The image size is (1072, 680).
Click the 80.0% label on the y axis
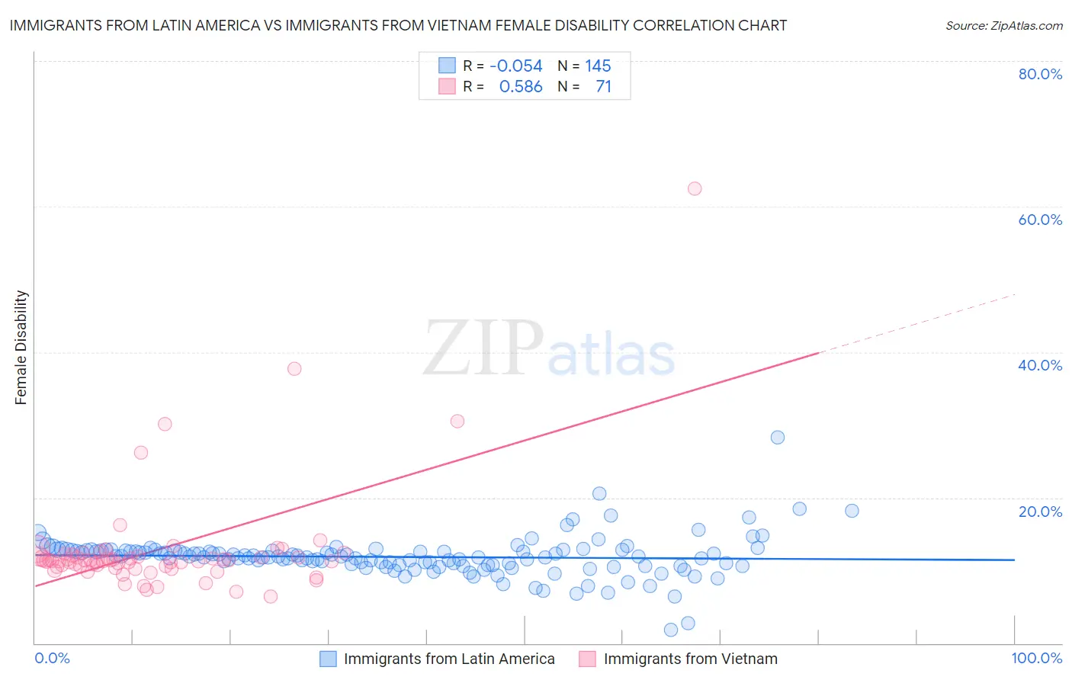click(x=1040, y=74)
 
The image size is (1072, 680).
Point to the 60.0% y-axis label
click(x=1040, y=220)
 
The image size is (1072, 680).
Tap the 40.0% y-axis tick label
click(x=1040, y=365)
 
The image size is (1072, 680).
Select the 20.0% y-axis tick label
click(x=1040, y=511)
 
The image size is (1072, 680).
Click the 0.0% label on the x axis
click(x=52, y=658)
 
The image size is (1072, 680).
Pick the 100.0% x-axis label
click(x=1036, y=658)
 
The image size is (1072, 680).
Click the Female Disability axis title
click(x=21, y=347)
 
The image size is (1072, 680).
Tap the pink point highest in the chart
click(x=695, y=188)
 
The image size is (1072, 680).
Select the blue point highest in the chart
click(x=778, y=437)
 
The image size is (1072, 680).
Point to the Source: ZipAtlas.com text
click(x=1003, y=25)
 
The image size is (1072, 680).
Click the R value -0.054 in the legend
click(x=516, y=66)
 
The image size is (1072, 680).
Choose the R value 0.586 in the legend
click(x=521, y=86)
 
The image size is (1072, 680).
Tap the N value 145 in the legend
click(x=598, y=66)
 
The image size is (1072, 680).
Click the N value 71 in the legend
click(x=603, y=86)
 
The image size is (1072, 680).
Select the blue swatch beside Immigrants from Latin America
click(x=328, y=659)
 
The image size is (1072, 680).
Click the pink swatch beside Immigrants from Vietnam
click(x=587, y=659)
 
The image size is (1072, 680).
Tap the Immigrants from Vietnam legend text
click(x=690, y=659)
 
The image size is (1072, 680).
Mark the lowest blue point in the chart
click(x=671, y=630)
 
